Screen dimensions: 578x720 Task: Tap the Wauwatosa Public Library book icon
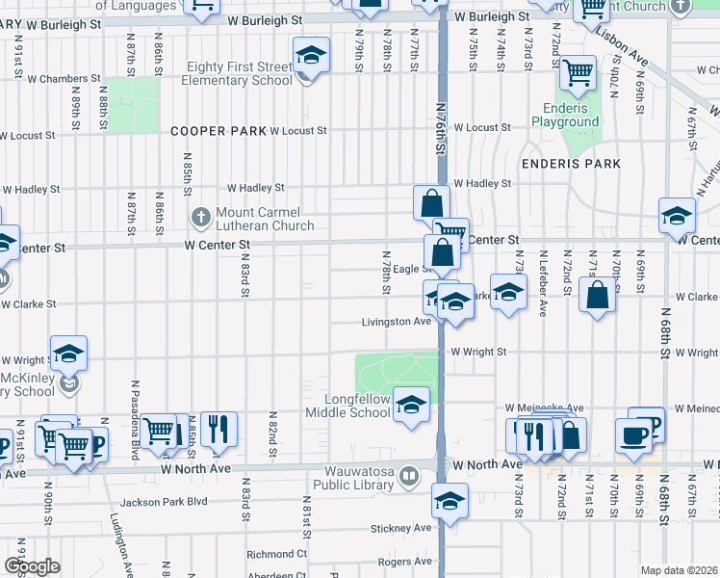(409, 476)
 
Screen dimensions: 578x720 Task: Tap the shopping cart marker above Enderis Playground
(578, 72)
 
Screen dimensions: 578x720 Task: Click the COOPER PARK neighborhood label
(219, 131)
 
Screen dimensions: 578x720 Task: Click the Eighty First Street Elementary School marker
(311, 55)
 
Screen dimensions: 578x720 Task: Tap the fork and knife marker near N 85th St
(219, 429)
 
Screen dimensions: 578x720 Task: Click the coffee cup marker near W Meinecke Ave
(633, 434)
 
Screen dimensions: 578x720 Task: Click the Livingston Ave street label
(397, 322)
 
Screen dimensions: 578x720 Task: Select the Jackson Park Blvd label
(165, 502)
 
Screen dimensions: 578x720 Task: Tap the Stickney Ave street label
(398, 529)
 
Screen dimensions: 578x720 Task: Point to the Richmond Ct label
(276, 554)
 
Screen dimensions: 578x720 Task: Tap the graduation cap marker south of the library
(450, 501)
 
